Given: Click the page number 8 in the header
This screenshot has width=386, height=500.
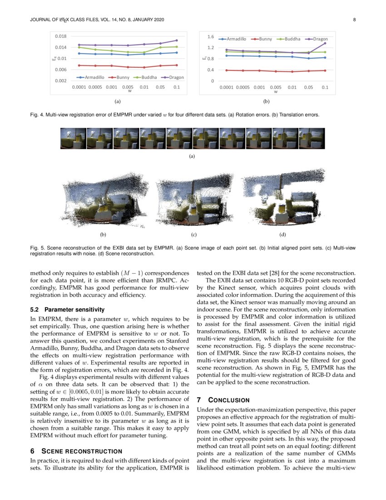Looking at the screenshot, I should click(x=354, y=20).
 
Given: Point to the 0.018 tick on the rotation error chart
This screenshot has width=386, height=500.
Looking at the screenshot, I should click(x=60, y=36).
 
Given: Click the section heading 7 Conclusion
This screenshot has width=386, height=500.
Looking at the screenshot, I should click(x=223, y=400).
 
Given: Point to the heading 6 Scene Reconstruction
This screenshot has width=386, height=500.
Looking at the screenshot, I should click(x=76, y=451).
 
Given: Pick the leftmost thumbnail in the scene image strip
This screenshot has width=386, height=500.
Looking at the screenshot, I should click(x=73, y=138).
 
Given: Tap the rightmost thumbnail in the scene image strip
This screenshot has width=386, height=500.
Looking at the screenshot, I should click(x=312, y=138).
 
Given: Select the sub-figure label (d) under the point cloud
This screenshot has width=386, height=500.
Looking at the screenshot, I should click(x=283, y=235).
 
